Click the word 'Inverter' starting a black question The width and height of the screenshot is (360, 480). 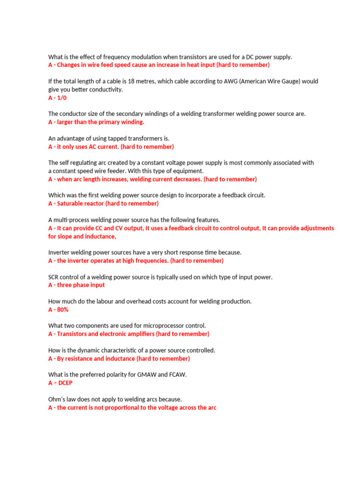pos(60,252)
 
